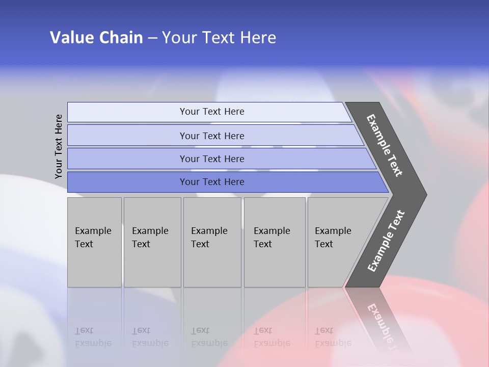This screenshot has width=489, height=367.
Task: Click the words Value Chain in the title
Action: click(x=96, y=38)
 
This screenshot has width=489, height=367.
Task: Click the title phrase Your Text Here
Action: click(x=219, y=38)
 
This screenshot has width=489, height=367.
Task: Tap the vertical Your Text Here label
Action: click(x=59, y=146)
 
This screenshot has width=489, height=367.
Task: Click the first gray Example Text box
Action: click(x=94, y=242)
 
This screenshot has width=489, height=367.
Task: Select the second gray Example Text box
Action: click(x=152, y=242)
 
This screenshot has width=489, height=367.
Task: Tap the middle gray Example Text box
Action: click(x=212, y=242)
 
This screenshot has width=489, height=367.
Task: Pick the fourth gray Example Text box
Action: click(x=275, y=242)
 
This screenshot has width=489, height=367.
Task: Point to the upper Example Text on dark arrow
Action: click(x=385, y=145)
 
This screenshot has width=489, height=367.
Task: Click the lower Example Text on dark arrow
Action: click(x=386, y=241)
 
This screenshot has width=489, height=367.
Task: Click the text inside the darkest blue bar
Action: click(x=212, y=182)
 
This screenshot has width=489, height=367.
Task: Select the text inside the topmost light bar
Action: click(x=212, y=112)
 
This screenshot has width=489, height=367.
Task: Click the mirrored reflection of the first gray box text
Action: click(x=93, y=337)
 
